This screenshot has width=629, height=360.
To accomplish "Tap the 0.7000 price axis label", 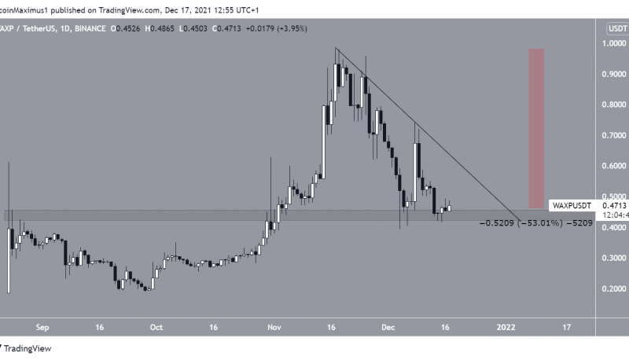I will (614, 135).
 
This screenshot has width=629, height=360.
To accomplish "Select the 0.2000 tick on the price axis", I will (614, 289).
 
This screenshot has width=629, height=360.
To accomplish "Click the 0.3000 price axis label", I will (614, 258).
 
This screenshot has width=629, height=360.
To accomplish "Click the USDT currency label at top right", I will (615, 28).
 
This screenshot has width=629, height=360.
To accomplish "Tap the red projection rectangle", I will (536, 128).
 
